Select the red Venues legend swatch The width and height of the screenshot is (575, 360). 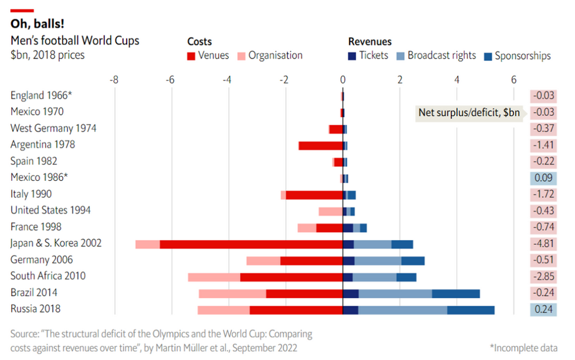pyautogui.click(x=191, y=56)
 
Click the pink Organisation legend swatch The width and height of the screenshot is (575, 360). pyautogui.click(x=241, y=56)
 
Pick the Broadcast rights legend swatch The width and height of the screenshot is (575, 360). pyautogui.click(x=400, y=56)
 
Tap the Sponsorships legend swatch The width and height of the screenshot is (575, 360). pyautogui.click(x=487, y=56)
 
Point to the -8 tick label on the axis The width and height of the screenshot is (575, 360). pyautogui.click(x=114, y=79)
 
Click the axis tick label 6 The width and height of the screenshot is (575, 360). pyautogui.click(x=513, y=79)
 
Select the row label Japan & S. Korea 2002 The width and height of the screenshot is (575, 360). pyautogui.click(x=56, y=243)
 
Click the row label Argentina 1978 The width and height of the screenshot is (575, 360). pyautogui.click(x=43, y=145)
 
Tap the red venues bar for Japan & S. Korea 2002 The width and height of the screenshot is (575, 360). pyautogui.click(x=251, y=244)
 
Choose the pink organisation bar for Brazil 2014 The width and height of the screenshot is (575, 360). pyautogui.click(x=232, y=293)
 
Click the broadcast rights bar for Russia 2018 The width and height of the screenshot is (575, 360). pyautogui.click(x=402, y=309)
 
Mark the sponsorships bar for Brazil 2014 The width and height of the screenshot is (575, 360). pyautogui.click(x=456, y=293)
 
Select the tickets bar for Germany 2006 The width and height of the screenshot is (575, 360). pyautogui.click(x=348, y=260)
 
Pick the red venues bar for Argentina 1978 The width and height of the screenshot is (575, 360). pyautogui.click(x=321, y=145)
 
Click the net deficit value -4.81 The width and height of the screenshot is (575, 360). pyautogui.click(x=543, y=244)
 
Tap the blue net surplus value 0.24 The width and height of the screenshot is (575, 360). pyautogui.click(x=543, y=309)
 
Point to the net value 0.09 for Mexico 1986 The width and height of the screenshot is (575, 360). pyautogui.click(x=543, y=178)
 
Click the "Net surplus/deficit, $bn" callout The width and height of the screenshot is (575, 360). pyautogui.click(x=469, y=112)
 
